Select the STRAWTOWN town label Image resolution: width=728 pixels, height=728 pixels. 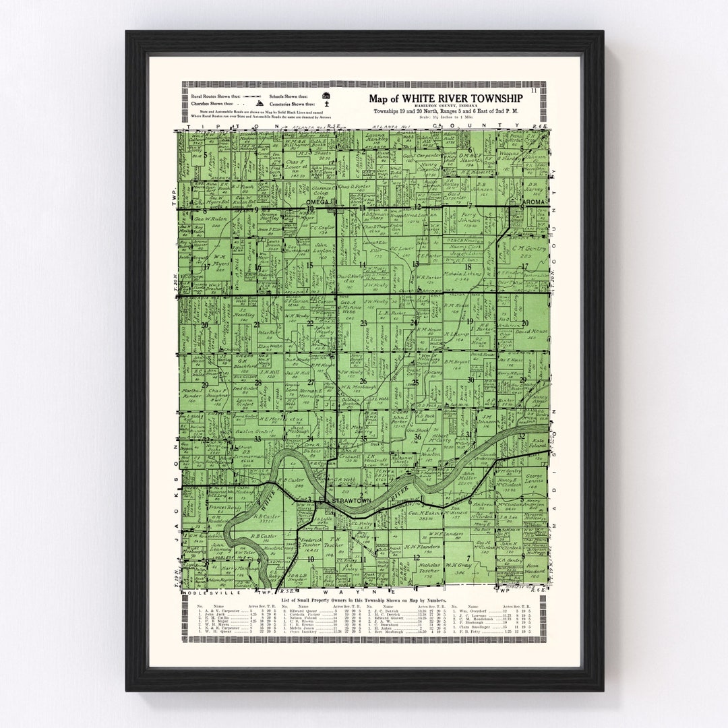[348, 502]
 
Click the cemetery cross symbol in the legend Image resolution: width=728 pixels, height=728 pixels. [326, 104]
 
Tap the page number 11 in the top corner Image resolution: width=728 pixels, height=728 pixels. [534, 90]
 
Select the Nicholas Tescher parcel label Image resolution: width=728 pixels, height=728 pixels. [423, 567]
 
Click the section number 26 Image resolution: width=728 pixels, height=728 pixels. [363, 381]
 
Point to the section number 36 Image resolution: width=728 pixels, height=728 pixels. [417, 437]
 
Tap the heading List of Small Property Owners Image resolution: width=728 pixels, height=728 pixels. [317, 599]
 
